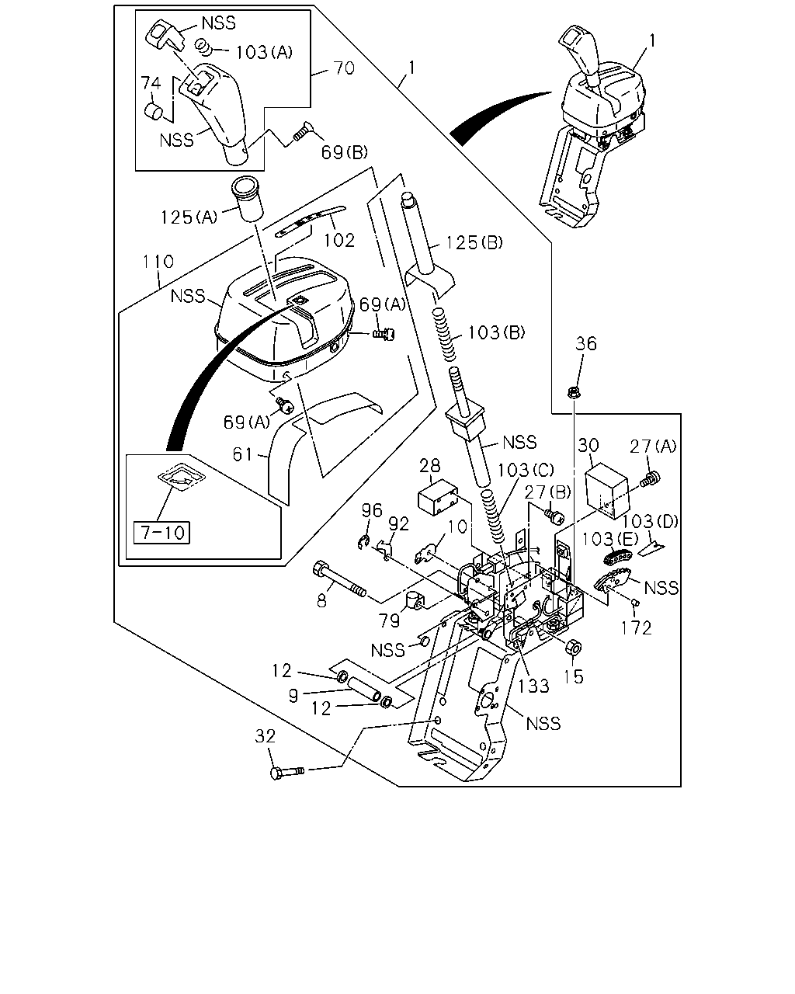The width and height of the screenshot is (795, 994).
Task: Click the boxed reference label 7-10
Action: [161, 533]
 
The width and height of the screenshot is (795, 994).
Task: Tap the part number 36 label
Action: [585, 343]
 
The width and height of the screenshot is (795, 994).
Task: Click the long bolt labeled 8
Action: [339, 579]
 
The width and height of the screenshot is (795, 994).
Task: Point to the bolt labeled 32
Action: [286, 771]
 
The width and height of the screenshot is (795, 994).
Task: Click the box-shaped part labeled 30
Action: [607, 490]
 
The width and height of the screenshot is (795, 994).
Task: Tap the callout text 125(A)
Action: [189, 217]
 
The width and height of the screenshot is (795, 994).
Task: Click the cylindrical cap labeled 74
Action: [153, 111]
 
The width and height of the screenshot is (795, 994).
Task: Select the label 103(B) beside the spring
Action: [496, 332]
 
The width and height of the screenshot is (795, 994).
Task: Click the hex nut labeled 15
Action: [574, 648]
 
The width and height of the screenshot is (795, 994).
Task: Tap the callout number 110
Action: [158, 262]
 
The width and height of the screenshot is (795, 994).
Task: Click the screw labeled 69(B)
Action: [300, 131]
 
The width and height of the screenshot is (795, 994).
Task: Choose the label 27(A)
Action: [653, 447]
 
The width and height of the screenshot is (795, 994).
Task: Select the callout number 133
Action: [533, 686]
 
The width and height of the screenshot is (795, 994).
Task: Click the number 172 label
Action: [636, 627]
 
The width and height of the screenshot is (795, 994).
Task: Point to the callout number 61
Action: [242, 454]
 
